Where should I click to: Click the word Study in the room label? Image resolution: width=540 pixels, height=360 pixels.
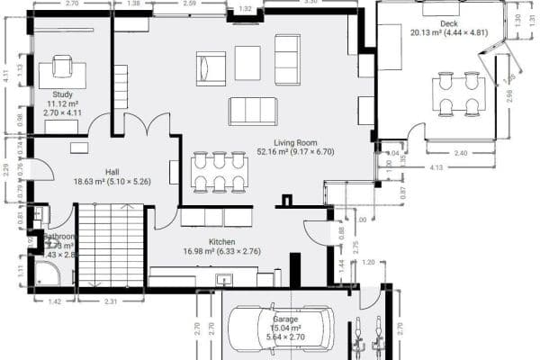click(62, 94)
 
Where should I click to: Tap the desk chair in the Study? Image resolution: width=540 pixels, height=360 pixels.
click(62, 66)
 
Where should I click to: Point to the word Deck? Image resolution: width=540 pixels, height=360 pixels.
click(449, 22)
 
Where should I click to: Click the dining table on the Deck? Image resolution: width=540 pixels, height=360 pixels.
click(459, 94)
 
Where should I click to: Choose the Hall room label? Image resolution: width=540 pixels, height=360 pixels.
click(112, 170)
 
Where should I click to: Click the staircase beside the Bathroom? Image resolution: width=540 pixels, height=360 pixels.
click(111, 245)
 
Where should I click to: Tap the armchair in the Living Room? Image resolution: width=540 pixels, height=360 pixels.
click(211, 67)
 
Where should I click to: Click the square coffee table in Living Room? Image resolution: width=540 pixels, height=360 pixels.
click(247, 61)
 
